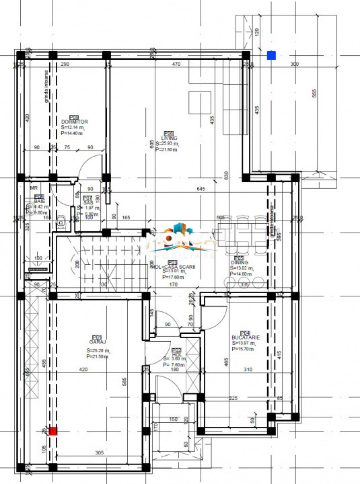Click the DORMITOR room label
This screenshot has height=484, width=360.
[x=74, y=122]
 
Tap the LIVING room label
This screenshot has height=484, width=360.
[x=164, y=138]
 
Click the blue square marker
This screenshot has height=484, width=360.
[x=271, y=55]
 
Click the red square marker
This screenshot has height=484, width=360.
[x=53, y=432]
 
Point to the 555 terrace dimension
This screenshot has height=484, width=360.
[x=314, y=93]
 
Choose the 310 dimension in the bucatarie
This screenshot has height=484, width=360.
[x=248, y=370]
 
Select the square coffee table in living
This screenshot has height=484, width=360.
[x=199, y=103]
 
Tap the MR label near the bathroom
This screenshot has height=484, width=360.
[x=34, y=189]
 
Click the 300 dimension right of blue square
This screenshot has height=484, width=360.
[x=294, y=64]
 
